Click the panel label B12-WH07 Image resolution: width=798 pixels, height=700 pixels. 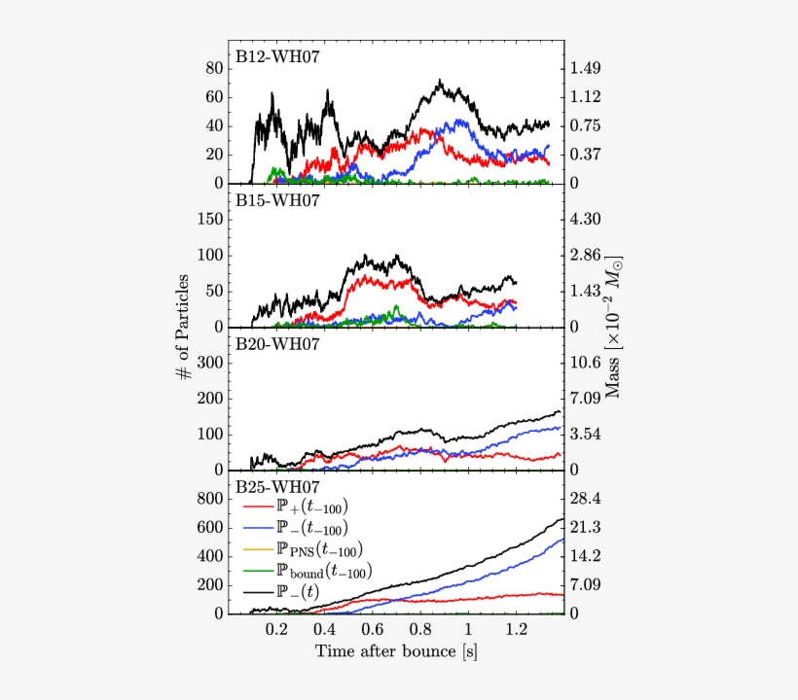pos(277,56)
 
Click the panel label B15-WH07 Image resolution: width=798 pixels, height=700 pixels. pos(277,200)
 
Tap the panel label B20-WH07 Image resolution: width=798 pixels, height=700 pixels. pos(277,343)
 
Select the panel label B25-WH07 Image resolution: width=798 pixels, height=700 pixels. pos(277,485)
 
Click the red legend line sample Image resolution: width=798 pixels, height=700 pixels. pos(257,507)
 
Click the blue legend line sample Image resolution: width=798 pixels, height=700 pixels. pos(257,529)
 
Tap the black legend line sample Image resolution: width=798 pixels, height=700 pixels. pos(257,592)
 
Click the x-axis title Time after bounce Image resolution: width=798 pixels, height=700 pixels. pos(396,650)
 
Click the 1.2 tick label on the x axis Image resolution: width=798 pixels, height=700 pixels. pos(515,627)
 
